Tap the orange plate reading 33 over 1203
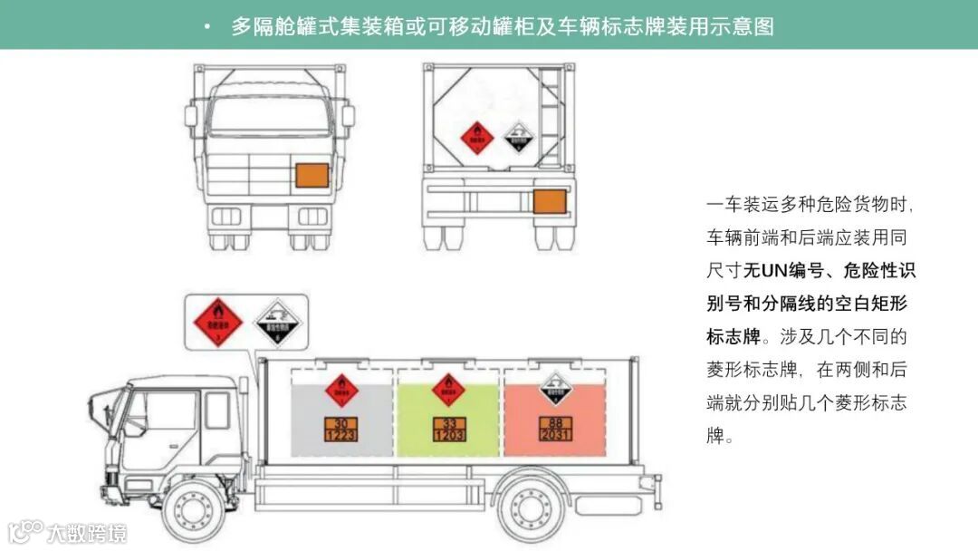click(x=449, y=429)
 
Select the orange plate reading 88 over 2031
click(x=556, y=429)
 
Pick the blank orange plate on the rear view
click(x=549, y=200)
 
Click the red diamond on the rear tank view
click(x=477, y=137)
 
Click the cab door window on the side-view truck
click(x=171, y=412)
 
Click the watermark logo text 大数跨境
click(x=87, y=533)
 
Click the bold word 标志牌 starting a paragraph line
click(x=733, y=336)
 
